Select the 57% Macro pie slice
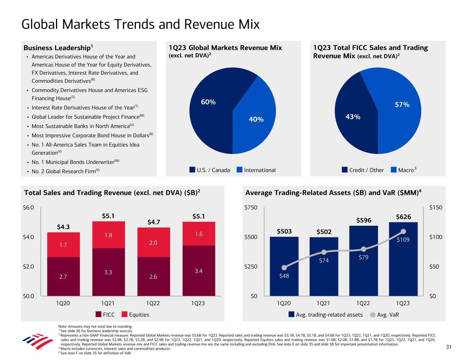pyautogui.click(x=399, y=109)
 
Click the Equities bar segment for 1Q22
pyautogui.click(x=153, y=242)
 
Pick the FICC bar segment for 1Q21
pyautogui.click(x=109, y=272)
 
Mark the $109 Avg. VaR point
pyautogui.click(x=403, y=231)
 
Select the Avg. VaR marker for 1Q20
pyautogui.click(x=284, y=268)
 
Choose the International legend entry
pyautogui.click(x=256, y=170)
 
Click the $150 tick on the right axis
pyautogui.click(x=436, y=207)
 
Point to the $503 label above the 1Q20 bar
pyautogui.click(x=284, y=231)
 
